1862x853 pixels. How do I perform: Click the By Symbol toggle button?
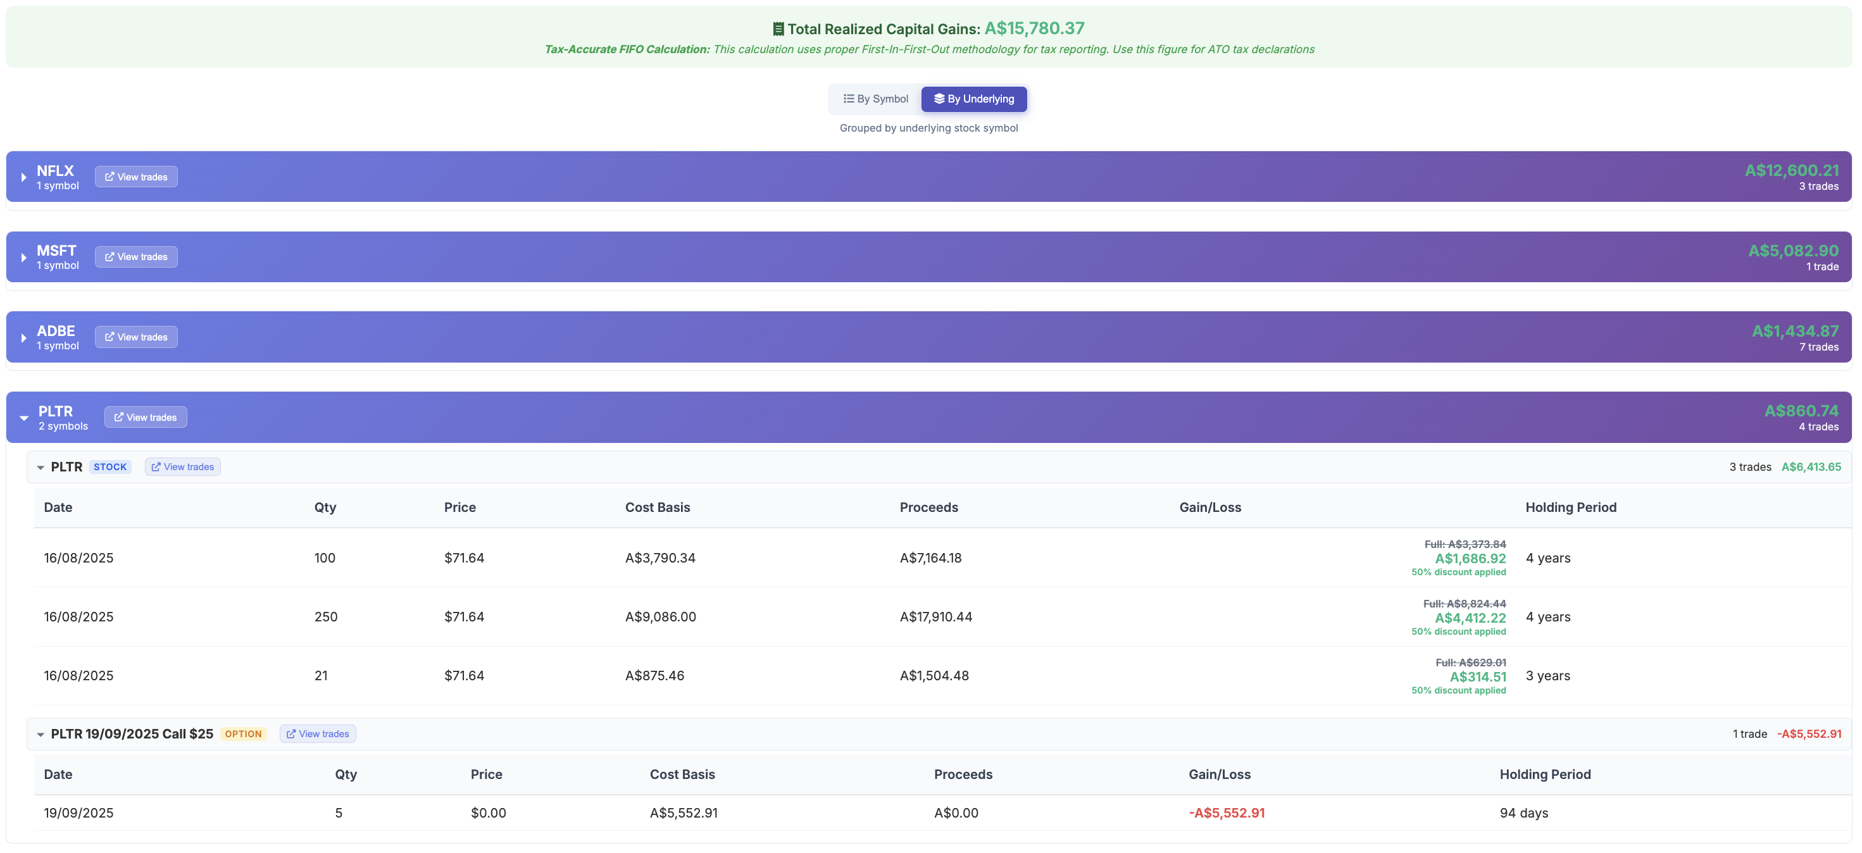click(x=875, y=99)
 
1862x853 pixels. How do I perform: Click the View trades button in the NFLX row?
click(x=136, y=177)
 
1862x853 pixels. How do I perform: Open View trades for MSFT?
click(x=136, y=258)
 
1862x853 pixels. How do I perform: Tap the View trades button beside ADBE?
click(x=136, y=337)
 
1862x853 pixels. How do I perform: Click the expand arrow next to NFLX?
click(x=24, y=178)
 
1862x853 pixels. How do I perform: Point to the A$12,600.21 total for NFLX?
click(x=1791, y=171)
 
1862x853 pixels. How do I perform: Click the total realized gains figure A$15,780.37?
click(x=1034, y=28)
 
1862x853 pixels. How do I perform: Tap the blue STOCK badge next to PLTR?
click(x=110, y=467)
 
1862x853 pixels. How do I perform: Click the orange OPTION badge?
click(x=243, y=735)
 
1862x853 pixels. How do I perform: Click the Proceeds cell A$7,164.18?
click(x=930, y=558)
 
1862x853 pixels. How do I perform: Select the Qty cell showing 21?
click(x=321, y=676)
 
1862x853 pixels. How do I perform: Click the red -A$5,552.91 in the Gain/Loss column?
click(x=1227, y=813)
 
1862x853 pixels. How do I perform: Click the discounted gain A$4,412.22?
click(x=1470, y=618)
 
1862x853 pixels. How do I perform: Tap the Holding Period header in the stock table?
click(x=1570, y=507)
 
